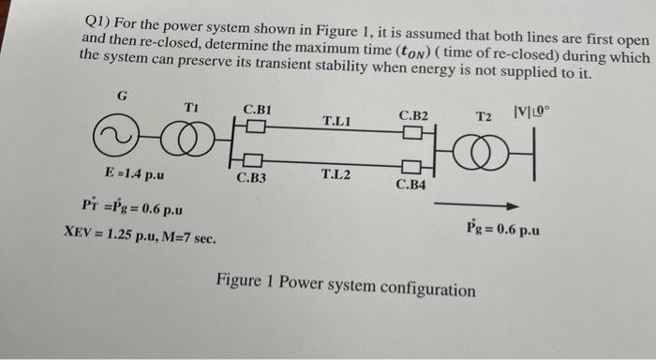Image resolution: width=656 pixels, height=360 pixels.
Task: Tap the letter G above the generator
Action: point(122,95)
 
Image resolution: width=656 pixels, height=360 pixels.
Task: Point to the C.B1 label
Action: point(258,110)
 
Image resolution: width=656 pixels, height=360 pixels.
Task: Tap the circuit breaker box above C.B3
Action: point(255,157)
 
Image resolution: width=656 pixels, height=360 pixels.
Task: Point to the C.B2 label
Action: point(413,115)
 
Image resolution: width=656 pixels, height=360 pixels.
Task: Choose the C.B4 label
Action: point(410,185)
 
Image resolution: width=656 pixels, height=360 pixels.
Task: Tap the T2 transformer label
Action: point(484,117)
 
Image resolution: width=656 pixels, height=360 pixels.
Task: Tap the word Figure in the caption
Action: point(239,280)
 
